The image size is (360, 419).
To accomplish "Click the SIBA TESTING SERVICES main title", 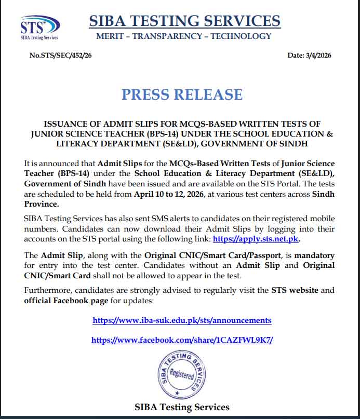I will click(184, 21).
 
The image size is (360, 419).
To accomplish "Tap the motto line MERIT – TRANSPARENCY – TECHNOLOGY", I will click(184, 36).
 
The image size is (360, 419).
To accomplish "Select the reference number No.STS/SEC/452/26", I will click(61, 56).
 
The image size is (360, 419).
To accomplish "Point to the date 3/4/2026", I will click(309, 56).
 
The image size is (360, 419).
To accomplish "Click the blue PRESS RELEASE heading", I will click(182, 94).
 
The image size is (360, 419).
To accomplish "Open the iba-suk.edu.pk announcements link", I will click(182, 320).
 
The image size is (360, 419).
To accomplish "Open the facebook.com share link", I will click(182, 340).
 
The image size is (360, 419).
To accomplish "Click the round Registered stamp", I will click(182, 375).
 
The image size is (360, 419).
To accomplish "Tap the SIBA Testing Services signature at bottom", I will click(182, 407).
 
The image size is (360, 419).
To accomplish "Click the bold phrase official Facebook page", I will click(66, 301).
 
